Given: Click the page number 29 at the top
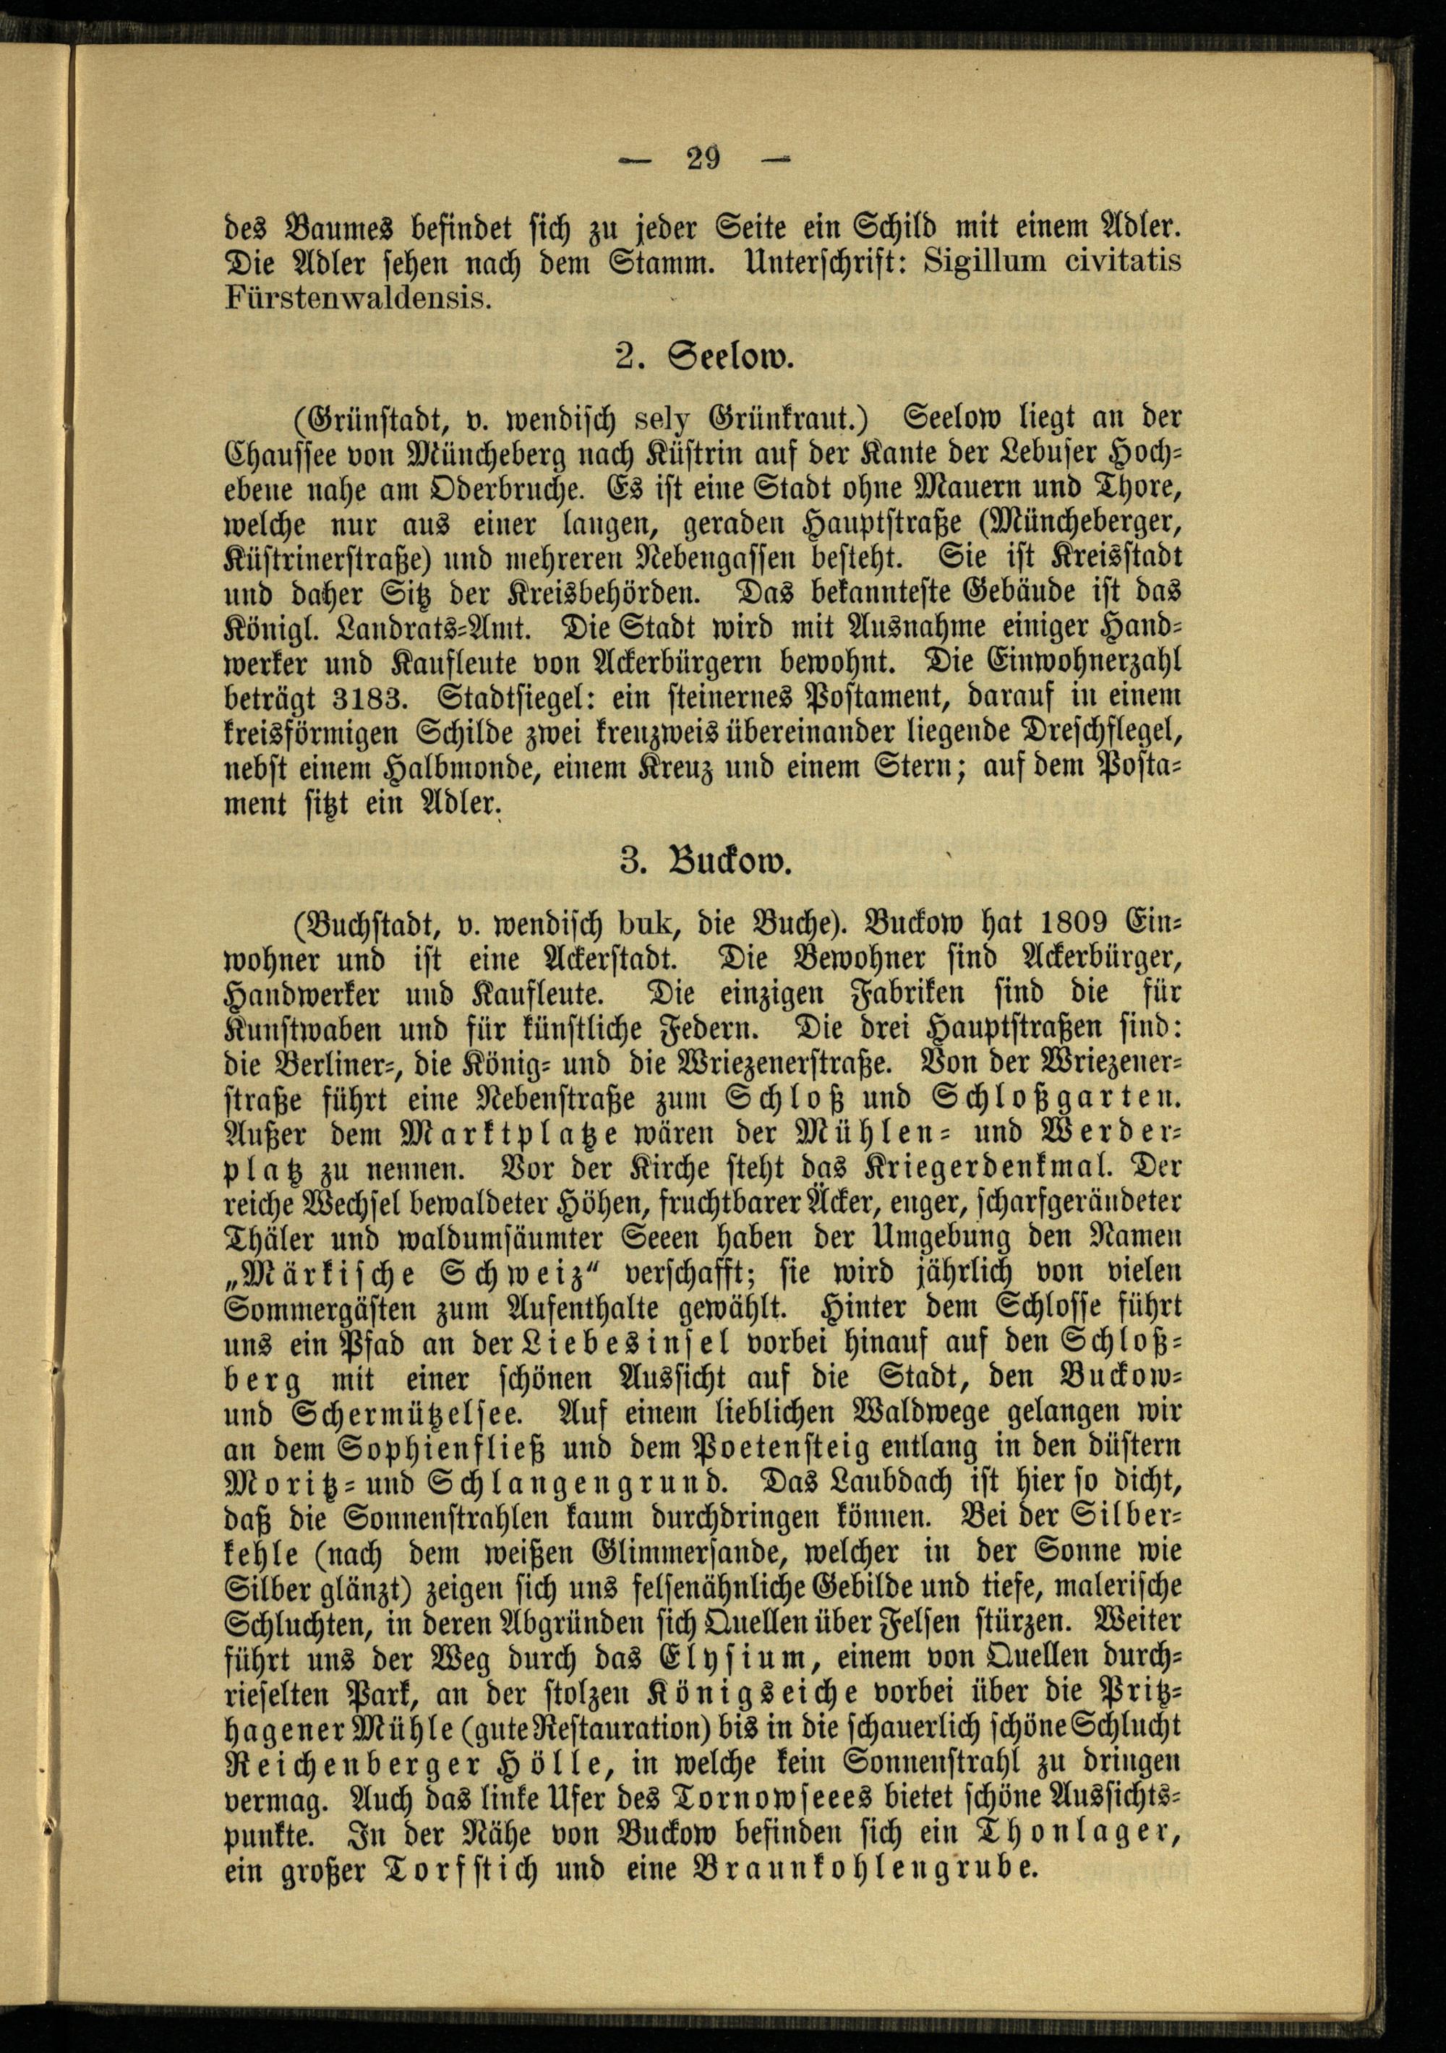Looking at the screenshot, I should [703, 159].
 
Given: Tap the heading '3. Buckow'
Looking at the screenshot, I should [705, 865].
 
